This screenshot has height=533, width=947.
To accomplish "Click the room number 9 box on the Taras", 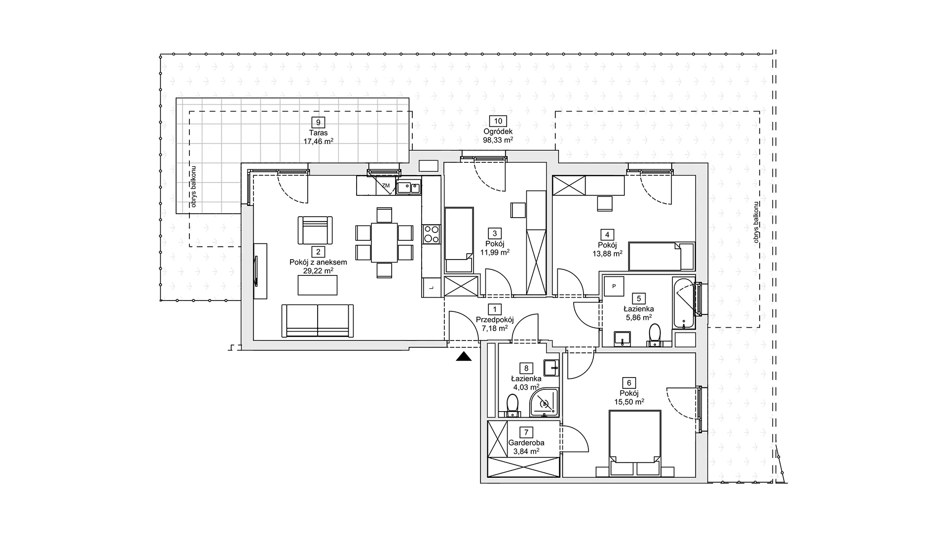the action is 318,122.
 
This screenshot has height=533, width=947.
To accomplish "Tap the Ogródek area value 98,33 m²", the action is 498,140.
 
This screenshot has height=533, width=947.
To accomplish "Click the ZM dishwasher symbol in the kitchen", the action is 386,186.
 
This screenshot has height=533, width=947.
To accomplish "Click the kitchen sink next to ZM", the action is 408,187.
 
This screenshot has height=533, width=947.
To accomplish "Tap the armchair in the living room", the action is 315,230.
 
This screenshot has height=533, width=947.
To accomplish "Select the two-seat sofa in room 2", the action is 318,321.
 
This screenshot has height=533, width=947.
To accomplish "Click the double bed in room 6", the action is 635,444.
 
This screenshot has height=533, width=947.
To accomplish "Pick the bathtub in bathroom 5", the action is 684,303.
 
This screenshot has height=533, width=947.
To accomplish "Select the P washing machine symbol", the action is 614,286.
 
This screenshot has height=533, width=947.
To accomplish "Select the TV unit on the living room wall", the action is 260,271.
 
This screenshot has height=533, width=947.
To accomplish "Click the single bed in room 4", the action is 662,256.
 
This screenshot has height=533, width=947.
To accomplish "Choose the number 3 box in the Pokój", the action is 494,233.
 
